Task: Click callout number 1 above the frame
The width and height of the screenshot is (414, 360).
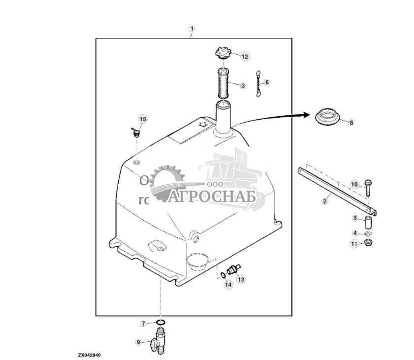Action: [192, 29]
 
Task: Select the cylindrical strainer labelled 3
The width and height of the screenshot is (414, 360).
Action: [223, 85]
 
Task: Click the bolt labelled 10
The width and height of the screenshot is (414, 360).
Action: [368, 185]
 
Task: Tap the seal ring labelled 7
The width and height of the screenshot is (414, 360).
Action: [160, 323]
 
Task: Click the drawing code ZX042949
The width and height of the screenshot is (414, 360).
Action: [89, 355]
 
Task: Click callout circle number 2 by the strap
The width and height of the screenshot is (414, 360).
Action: [325, 201]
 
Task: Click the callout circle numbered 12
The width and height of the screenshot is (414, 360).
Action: [245, 56]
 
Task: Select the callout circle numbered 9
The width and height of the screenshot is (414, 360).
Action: [138, 342]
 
